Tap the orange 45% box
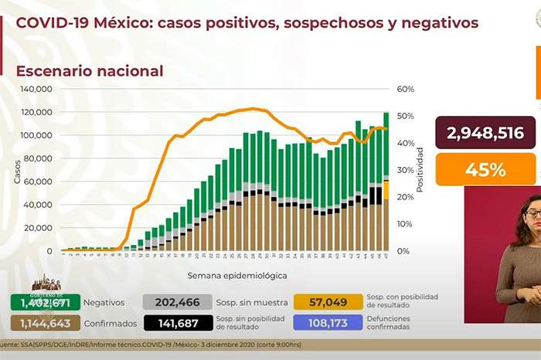click(x=485, y=169)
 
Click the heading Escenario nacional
click(x=90, y=71)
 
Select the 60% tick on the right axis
click(x=406, y=89)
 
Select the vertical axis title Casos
click(x=16, y=171)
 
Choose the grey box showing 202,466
click(x=172, y=303)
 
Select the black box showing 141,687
click(x=172, y=323)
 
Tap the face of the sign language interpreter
click(x=532, y=212)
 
